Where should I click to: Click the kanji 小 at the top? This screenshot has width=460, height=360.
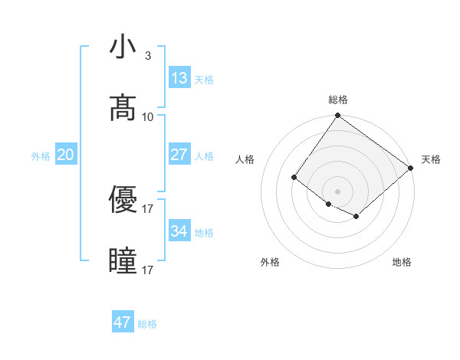(x=123, y=47)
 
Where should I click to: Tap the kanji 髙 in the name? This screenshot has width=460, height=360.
(x=123, y=109)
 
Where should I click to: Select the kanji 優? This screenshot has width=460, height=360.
(x=123, y=200)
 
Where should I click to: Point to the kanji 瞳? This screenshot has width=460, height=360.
(x=123, y=261)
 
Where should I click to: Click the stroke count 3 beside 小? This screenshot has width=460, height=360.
(x=148, y=56)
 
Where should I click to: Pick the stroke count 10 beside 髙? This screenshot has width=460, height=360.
(x=148, y=117)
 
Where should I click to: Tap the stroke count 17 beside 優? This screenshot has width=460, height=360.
(x=148, y=208)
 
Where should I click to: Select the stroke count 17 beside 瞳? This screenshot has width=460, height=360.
(x=148, y=270)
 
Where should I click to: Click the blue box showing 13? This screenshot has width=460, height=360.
(x=179, y=78)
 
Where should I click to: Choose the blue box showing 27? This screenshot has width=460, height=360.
(x=179, y=155)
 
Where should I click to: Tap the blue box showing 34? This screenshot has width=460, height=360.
(x=179, y=231)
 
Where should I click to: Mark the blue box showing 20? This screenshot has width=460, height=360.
(x=66, y=155)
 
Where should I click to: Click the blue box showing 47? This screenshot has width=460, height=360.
(x=123, y=322)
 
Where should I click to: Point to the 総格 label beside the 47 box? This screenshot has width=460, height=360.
(x=147, y=324)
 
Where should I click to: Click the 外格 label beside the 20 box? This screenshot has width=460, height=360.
(x=41, y=156)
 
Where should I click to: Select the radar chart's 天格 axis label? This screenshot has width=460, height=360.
(x=431, y=159)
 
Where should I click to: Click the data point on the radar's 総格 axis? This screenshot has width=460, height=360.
(x=337, y=116)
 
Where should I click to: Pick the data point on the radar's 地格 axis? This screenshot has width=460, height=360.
(x=356, y=218)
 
